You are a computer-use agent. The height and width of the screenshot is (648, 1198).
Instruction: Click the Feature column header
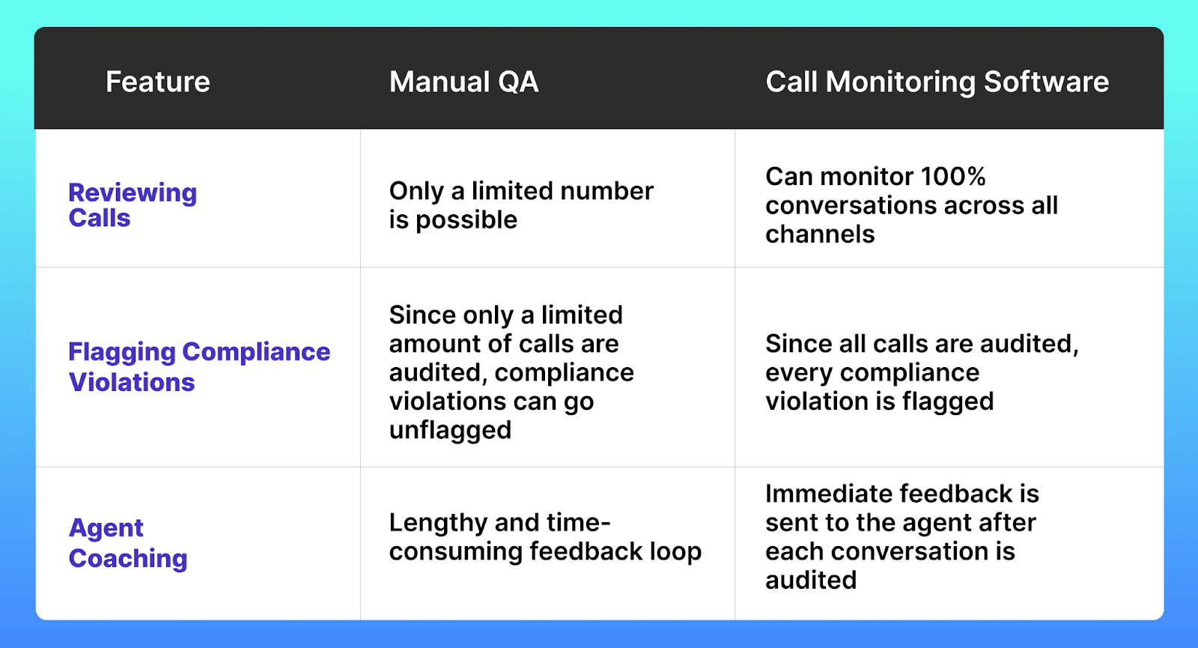(158, 82)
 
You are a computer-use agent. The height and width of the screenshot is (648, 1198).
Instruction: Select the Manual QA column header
(463, 82)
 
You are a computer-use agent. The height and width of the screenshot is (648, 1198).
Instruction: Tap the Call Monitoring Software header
(937, 82)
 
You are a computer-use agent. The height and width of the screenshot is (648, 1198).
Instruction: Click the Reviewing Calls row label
(133, 205)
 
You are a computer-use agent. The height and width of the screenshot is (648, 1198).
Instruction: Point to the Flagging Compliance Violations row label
(199, 367)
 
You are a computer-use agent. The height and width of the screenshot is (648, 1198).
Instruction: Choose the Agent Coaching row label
(128, 543)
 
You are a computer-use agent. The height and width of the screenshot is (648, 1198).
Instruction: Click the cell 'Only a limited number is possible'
(521, 205)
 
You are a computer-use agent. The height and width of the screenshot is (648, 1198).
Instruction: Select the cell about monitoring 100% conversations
(911, 205)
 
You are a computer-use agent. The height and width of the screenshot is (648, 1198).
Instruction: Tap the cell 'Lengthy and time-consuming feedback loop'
(545, 537)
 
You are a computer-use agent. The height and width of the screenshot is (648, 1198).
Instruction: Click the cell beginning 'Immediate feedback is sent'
(901, 537)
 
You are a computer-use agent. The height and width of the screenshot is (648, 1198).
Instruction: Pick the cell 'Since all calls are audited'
(922, 372)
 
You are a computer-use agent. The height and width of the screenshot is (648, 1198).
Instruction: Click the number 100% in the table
(953, 177)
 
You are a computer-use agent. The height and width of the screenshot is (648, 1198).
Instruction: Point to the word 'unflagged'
(450, 431)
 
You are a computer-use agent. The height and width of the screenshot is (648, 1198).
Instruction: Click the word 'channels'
(820, 234)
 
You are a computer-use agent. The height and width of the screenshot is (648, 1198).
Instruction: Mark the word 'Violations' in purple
(132, 383)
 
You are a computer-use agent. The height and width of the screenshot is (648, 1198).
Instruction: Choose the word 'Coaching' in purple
(128, 559)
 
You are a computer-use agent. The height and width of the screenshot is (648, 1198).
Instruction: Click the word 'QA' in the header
(518, 82)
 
